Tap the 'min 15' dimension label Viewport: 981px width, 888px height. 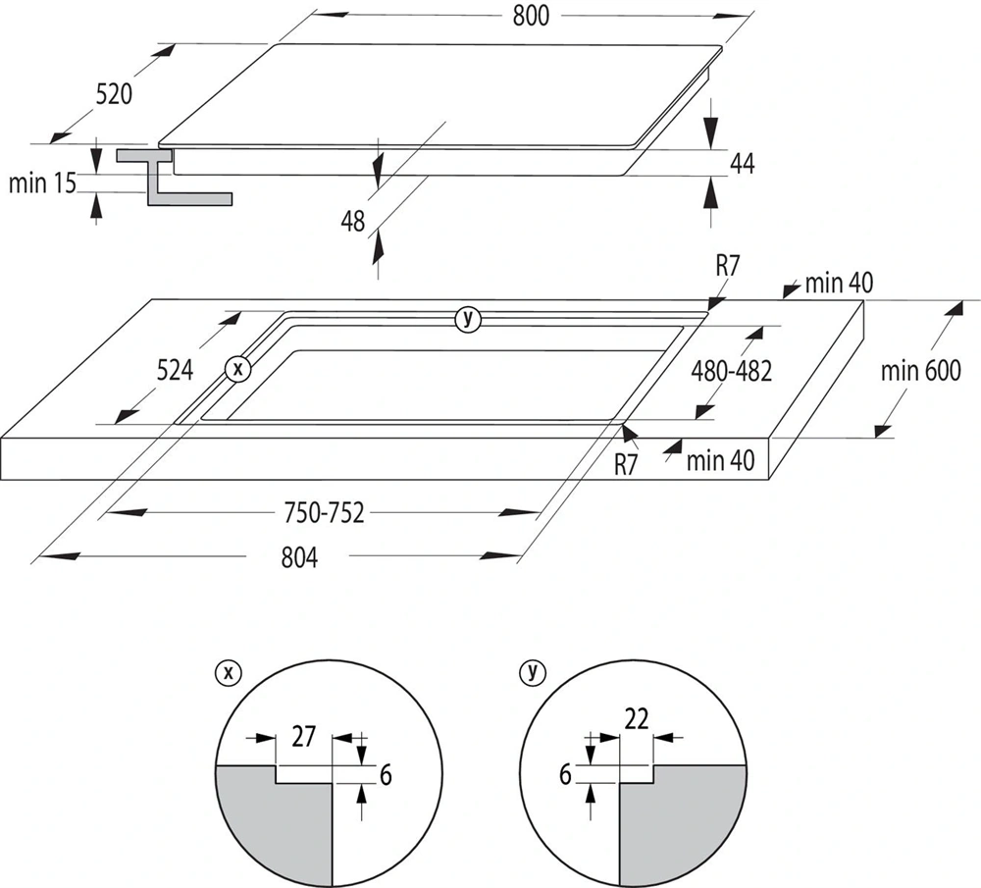click(x=41, y=183)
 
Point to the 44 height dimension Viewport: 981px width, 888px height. click(x=742, y=164)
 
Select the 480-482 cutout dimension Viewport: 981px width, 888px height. click(x=731, y=371)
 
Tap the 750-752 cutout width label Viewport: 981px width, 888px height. click(x=324, y=513)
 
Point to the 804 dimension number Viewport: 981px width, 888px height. click(x=299, y=557)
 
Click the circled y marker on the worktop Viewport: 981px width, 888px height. click(x=468, y=318)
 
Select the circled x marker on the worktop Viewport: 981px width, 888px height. click(x=236, y=369)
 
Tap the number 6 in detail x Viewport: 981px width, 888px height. click(x=386, y=774)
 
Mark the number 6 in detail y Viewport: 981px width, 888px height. click(x=565, y=774)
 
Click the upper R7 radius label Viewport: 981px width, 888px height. click(x=727, y=265)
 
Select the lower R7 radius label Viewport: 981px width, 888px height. click(x=627, y=463)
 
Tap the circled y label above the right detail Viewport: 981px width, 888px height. click(x=533, y=672)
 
